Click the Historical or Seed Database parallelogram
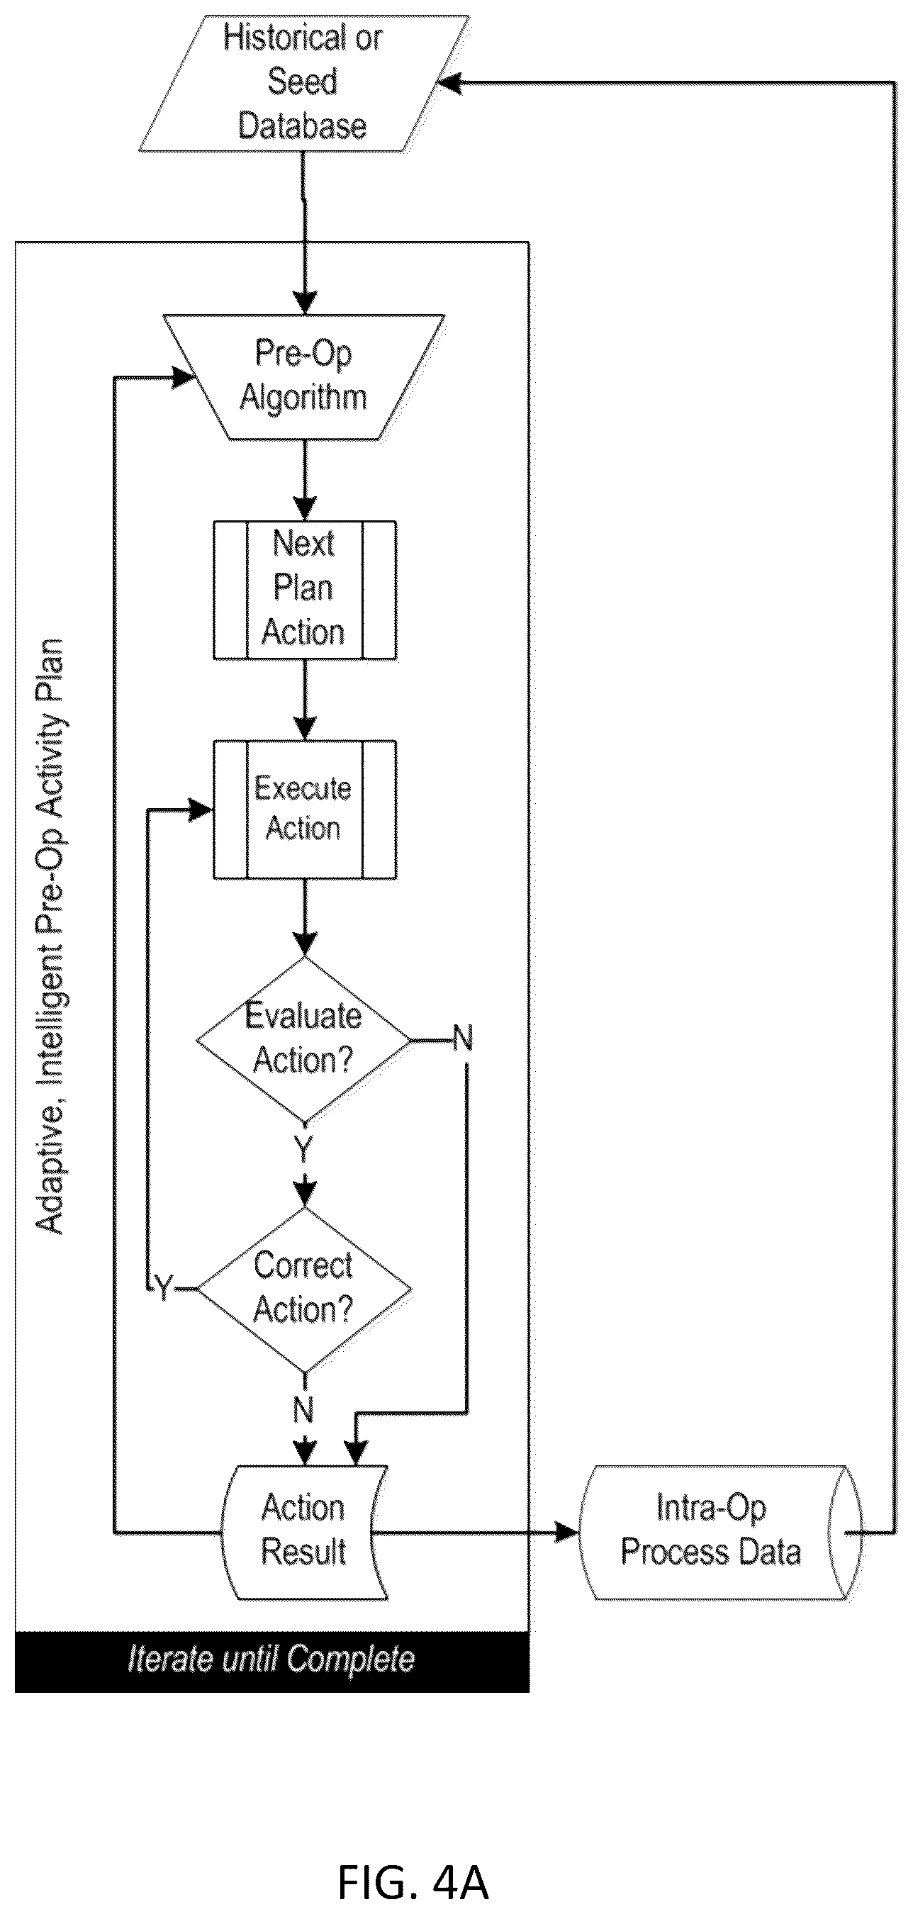pos(304,84)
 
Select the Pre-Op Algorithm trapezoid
pos(304,376)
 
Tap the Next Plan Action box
pos(305,590)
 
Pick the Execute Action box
pos(305,809)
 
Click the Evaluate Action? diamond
pos(304,1039)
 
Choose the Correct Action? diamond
pos(304,1288)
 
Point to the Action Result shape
pos(305,1532)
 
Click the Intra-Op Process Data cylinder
pos(719,1532)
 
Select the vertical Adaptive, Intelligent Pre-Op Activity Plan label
pos(50,936)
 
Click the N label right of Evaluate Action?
pos(463,1038)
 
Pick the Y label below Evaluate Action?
pos(304,1148)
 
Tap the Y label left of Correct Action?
pos(163,1287)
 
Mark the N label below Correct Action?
pos(304,1409)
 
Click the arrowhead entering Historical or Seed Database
pos(449,83)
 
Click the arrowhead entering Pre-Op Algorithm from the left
pos(183,377)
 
